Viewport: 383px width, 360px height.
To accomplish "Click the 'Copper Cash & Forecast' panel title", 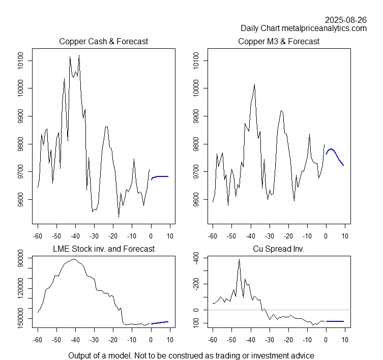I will [x=104, y=41].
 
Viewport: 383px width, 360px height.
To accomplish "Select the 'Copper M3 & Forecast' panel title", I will [x=279, y=41].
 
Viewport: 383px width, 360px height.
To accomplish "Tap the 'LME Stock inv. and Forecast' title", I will [x=104, y=249].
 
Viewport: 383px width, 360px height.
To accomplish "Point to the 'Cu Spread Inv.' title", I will [x=279, y=249].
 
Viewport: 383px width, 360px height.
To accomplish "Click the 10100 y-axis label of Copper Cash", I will [x=20, y=61].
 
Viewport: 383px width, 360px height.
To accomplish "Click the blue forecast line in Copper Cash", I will [x=160, y=176].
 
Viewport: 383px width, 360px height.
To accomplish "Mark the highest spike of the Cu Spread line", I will [x=239, y=260].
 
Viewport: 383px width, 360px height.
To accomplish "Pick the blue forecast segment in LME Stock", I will [x=160, y=322].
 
